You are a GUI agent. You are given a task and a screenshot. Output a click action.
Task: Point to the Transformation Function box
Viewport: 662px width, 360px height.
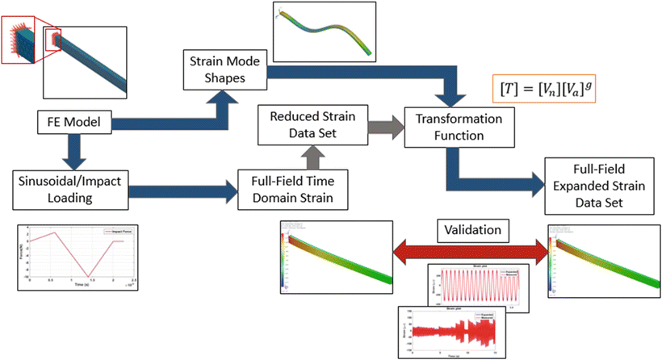(449, 127)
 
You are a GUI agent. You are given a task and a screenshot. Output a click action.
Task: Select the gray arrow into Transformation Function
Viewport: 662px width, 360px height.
(383, 126)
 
